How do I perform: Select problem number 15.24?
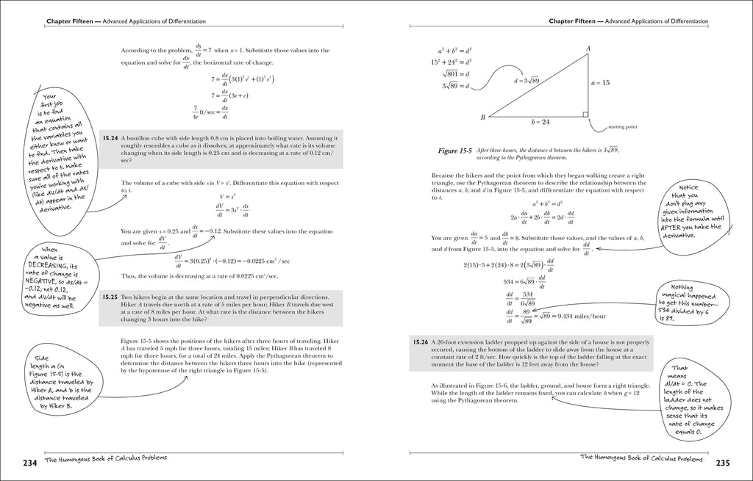click(x=111, y=137)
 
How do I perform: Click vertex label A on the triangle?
click(x=588, y=49)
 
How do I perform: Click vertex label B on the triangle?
click(x=483, y=117)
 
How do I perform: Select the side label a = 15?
click(x=601, y=83)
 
